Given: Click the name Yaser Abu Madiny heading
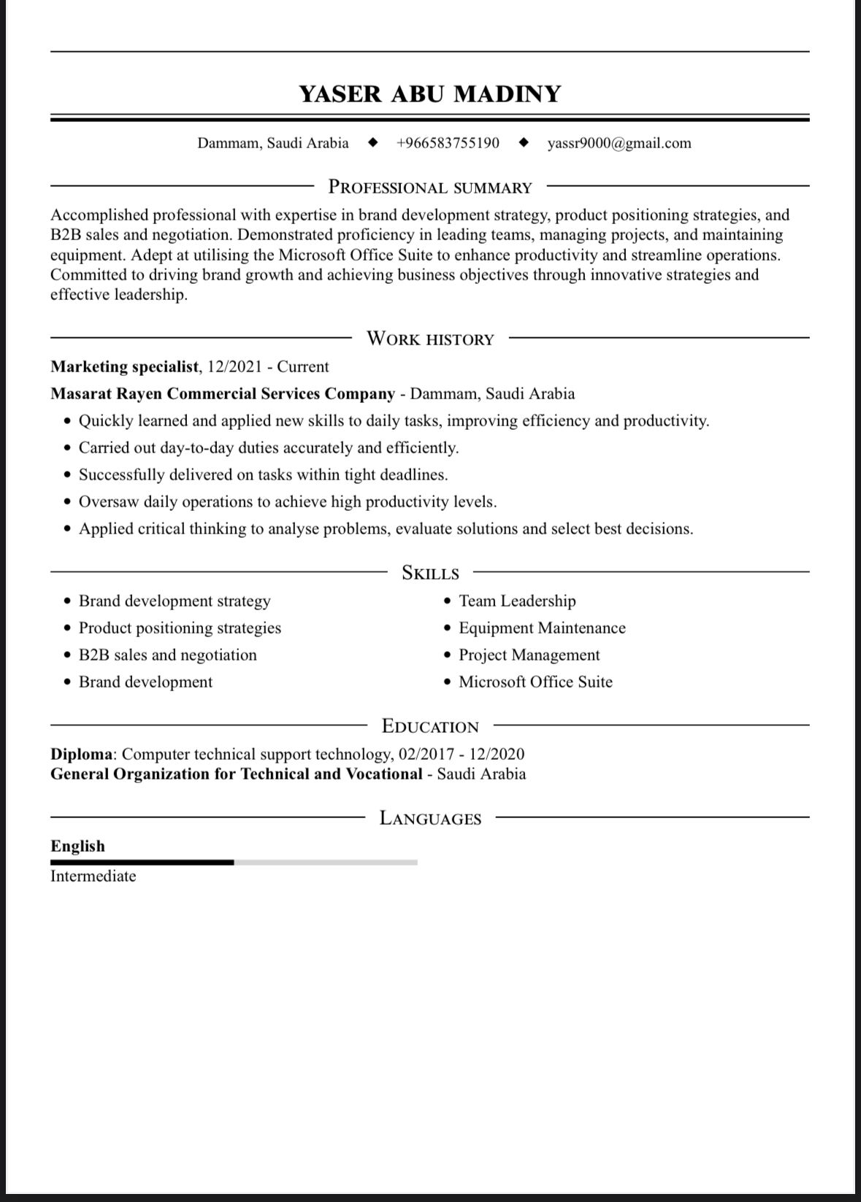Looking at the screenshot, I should (x=430, y=94).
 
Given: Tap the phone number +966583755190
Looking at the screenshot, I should (x=448, y=143).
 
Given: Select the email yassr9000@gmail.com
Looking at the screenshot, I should (x=619, y=143).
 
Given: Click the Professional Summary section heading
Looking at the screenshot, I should (x=430, y=188).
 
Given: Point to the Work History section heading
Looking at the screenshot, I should (x=430, y=339).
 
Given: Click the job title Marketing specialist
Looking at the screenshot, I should (x=124, y=366).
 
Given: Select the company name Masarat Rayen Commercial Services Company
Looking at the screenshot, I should (x=223, y=394).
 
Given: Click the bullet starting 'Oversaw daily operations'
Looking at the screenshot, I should (x=287, y=502).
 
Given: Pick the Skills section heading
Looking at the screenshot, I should (x=430, y=573).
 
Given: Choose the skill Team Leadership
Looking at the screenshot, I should (x=517, y=601).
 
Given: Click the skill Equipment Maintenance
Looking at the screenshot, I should (x=542, y=628).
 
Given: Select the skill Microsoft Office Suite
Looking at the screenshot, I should (x=535, y=682).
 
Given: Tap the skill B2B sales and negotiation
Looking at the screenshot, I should (x=167, y=655).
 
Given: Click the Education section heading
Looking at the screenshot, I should (x=430, y=726).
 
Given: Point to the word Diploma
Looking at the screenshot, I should (x=81, y=754).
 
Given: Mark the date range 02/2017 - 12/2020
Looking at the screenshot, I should (x=462, y=754).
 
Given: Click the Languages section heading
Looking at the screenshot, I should (x=430, y=818).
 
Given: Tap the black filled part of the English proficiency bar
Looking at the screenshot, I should (x=142, y=863).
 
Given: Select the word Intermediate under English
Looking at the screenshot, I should (x=93, y=877).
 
